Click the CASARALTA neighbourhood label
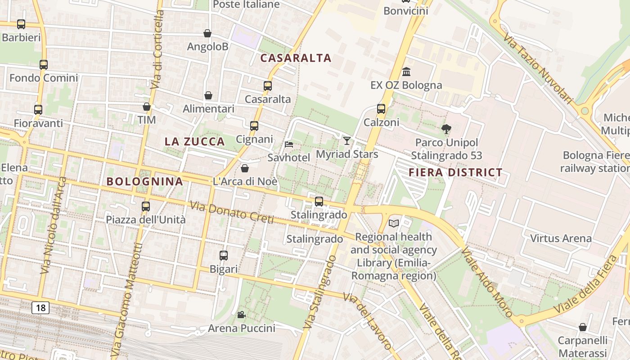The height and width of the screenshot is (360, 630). pyautogui.click(x=296, y=58)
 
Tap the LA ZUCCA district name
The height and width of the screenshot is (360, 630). pyautogui.click(x=194, y=141)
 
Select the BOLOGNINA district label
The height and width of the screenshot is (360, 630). pyautogui.click(x=144, y=181)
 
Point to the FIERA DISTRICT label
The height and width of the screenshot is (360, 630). pyautogui.click(x=455, y=172)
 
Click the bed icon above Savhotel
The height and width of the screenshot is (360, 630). pyautogui.click(x=289, y=144)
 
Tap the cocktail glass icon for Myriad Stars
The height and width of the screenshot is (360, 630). pyautogui.click(x=346, y=141)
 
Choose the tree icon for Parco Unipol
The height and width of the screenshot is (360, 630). pyautogui.click(x=446, y=129)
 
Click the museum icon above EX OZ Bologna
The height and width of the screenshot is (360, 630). pyautogui.click(x=406, y=72)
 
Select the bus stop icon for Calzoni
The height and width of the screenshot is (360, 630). pyautogui.click(x=381, y=109)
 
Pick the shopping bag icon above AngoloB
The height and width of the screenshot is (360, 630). pyautogui.click(x=207, y=33)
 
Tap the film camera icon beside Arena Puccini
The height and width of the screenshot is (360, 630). pyautogui.click(x=241, y=315)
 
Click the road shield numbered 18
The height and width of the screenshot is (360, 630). pyautogui.click(x=40, y=308)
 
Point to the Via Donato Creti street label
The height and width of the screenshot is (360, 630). pyautogui.click(x=232, y=212)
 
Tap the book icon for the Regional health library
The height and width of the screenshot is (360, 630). pyautogui.click(x=394, y=223)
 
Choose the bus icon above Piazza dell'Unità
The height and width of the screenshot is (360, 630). pyautogui.click(x=145, y=207)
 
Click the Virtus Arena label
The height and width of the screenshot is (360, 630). pyautogui.click(x=561, y=238)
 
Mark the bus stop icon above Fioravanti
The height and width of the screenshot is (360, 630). pyautogui.click(x=38, y=110)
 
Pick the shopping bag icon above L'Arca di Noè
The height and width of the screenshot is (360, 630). pyautogui.click(x=245, y=168)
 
